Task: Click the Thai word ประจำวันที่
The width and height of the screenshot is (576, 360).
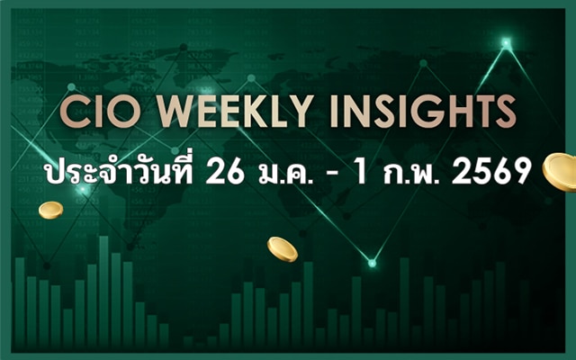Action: coord(117,174)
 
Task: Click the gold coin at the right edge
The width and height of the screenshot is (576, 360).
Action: coord(561,170)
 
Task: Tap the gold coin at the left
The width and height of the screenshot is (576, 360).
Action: coord(50,211)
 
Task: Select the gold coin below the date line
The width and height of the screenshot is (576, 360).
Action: coord(282,249)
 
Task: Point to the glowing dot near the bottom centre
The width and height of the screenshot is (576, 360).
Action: coord(371,263)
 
